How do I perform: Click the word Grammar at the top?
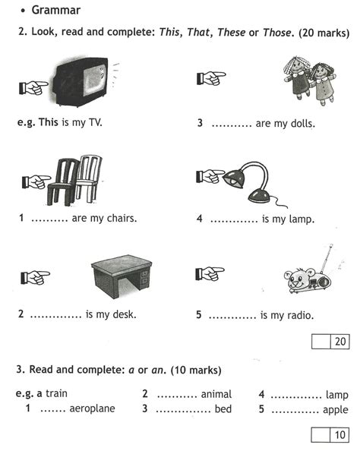tap(56, 11)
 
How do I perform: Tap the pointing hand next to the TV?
tap(33, 88)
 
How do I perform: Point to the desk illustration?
tap(122, 276)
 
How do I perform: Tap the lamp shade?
tap(234, 178)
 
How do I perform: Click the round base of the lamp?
tap(259, 196)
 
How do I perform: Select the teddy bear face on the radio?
tap(298, 278)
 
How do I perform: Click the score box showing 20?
tap(330, 342)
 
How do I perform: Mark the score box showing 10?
tap(330, 434)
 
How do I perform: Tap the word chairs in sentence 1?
tap(122, 219)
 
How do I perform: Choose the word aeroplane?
tap(92, 408)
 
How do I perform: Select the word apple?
tap(336, 410)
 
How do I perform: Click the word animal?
tap(216, 394)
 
